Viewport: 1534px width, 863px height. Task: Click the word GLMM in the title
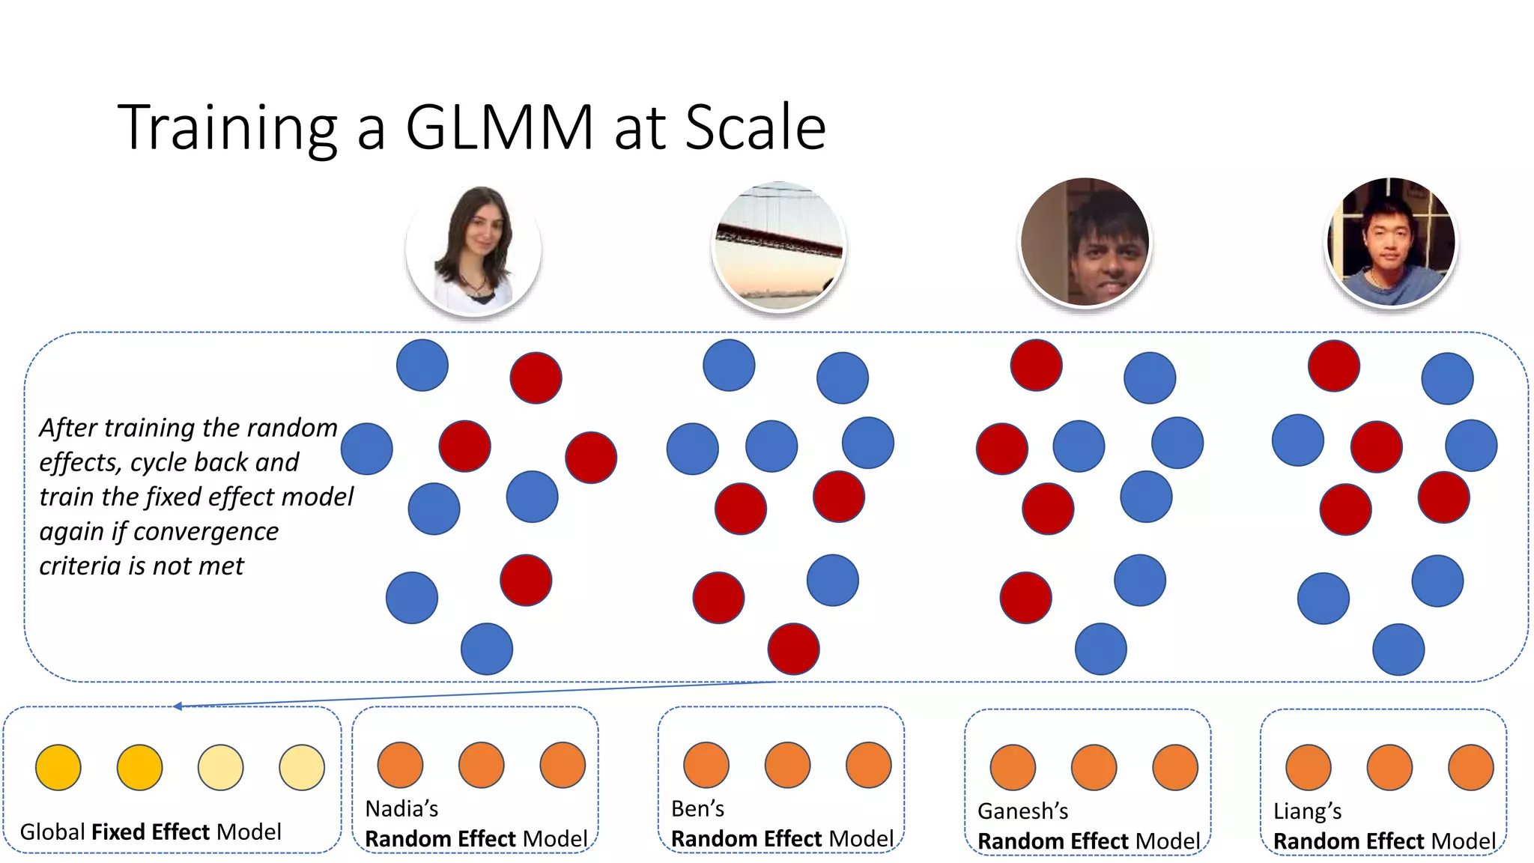[500, 127]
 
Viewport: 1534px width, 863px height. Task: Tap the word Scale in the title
[755, 127]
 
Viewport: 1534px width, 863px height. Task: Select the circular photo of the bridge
[779, 246]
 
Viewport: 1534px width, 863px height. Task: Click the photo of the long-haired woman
[473, 249]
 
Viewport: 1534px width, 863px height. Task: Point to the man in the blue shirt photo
[1391, 242]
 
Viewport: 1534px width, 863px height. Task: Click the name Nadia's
[401, 809]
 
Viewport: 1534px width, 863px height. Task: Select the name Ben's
[697, 809]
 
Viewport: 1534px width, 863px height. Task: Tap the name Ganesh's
[1022, 811]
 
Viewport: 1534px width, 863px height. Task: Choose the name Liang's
[1307, 811]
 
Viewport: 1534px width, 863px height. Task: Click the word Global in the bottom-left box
[52, 832]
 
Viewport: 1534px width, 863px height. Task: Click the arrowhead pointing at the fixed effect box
[178, 706]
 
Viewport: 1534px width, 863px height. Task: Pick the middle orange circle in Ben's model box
[787, 765]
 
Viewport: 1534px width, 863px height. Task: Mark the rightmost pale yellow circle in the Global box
[302, 767]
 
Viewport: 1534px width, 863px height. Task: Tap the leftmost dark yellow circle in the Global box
[58, 767]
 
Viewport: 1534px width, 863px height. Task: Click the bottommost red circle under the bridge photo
[793, 649]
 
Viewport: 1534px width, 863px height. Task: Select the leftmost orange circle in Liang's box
[1308, 767]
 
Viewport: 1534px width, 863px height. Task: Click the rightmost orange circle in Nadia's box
[563, 765]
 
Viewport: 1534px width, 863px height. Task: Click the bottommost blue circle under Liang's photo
[1398, 649]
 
